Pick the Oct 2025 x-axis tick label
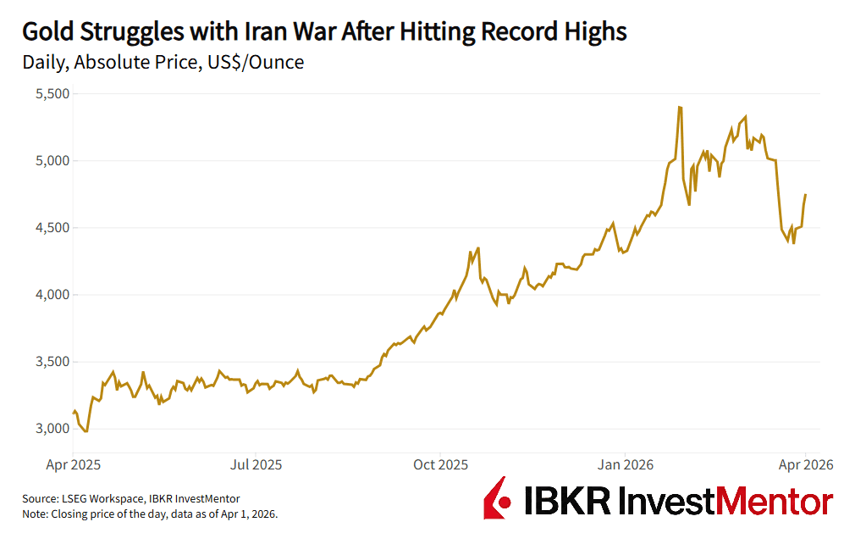440,464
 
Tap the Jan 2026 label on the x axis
624,464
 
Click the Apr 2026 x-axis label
806,464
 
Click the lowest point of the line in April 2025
85,431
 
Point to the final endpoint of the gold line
805,195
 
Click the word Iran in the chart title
269,32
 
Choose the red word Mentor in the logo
778,500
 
